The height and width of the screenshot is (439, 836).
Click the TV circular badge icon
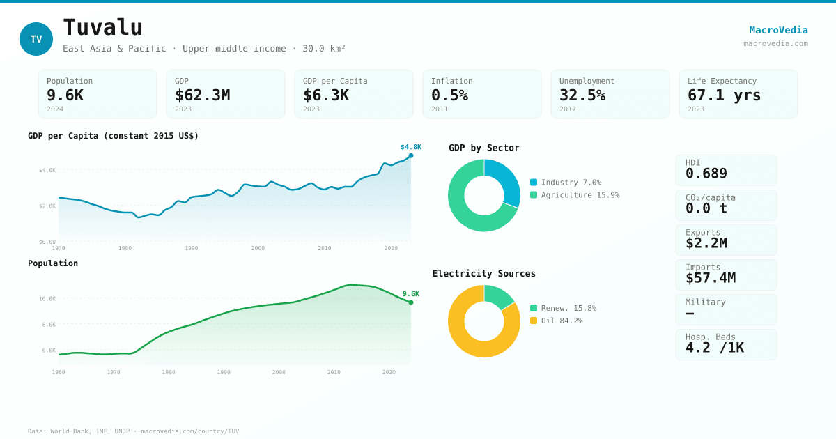pos(36,39)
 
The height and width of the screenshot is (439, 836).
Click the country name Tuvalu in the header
pos(102,28)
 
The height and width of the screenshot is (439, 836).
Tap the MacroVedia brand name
pos(778,30)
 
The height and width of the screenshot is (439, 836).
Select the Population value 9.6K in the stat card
pos(65,95)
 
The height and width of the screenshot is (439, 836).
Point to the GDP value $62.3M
pos(202,95)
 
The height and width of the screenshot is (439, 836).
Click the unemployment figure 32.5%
pos(582,95)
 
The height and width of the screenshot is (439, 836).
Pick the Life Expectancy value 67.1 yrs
pos(724,95)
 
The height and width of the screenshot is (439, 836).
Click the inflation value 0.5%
pos(449,95)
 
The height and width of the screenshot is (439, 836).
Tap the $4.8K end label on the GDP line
pos(410,147)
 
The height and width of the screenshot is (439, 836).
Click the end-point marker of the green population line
pos(411,302)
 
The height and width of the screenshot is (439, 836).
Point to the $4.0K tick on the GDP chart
pos(47,170)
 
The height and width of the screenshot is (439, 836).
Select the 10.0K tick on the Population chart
pos(47,299)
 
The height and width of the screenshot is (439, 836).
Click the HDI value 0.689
pos(706,174)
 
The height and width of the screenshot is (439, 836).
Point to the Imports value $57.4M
pos(710,278)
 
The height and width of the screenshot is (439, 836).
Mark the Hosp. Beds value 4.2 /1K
pos(714,348)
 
